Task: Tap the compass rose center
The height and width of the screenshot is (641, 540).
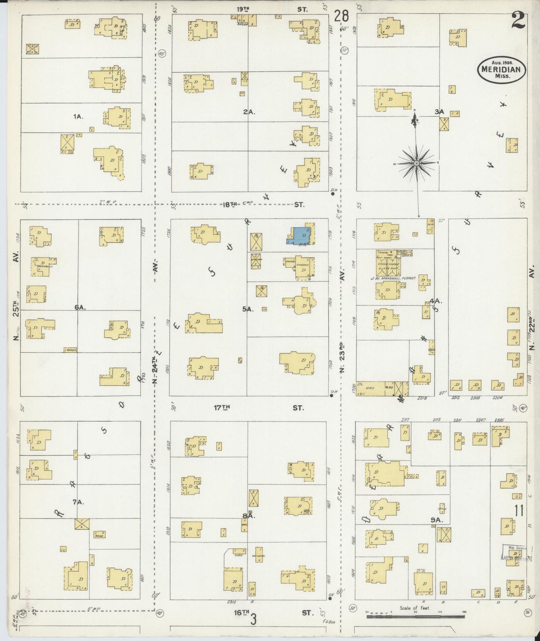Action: point(416,163)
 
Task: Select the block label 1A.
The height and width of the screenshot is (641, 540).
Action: point(78,117)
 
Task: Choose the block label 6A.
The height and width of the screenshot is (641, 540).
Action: point(80,307)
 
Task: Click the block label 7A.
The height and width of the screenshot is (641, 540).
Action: point(78,502)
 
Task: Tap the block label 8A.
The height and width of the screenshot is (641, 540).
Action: point(248,516)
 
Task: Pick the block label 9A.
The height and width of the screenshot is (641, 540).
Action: point(436,520)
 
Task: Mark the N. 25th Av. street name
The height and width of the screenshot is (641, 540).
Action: point(16,299)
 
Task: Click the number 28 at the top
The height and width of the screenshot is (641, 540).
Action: point(341,16)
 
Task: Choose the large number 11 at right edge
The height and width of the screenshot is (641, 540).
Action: point(519,510)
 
